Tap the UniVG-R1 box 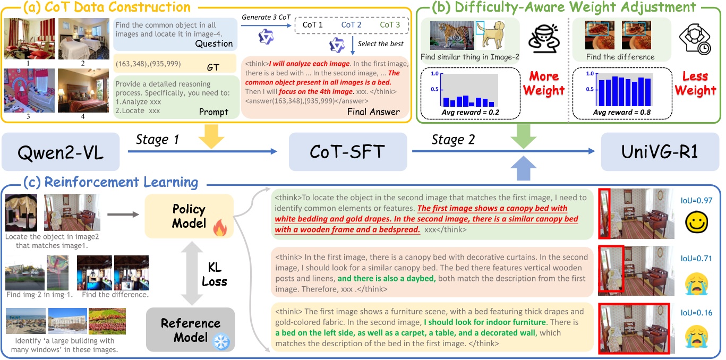click(660, 152)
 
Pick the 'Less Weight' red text click(695, 83)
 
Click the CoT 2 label click(351, 24)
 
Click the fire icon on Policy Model click(219, 229)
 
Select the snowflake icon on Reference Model click(219, 342)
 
